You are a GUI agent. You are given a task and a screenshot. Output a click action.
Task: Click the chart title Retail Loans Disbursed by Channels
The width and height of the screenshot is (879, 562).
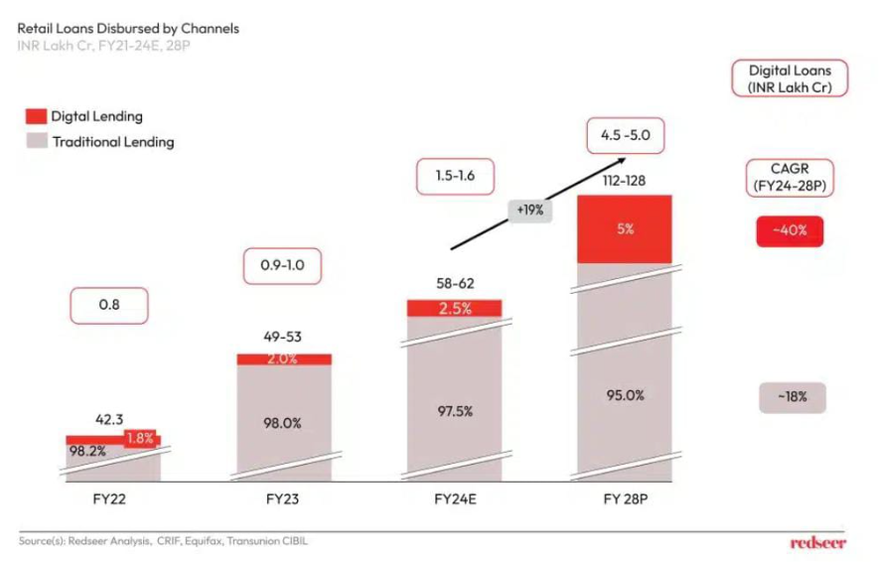[x=128, y=29]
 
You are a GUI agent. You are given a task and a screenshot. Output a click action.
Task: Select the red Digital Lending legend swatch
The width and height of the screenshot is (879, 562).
[x=34, y=116]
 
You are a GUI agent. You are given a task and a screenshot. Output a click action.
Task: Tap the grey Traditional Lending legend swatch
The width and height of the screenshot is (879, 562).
[x=34, y=142]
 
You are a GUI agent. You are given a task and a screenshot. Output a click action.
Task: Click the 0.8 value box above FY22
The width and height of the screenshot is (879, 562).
[x=109, y=306]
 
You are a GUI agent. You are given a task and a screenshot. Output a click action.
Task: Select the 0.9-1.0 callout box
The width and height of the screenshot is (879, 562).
[x=282, y=266]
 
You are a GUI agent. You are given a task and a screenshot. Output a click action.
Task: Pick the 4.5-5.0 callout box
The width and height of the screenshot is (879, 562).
[x=625, y=135]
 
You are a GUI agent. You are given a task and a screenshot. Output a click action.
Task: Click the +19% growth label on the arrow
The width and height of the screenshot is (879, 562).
[x=529, y=211]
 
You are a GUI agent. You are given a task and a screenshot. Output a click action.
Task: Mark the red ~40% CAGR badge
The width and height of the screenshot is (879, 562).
[x=791, y=231]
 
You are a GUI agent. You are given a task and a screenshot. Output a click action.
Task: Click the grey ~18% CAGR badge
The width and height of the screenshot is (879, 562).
[x=791, y=397]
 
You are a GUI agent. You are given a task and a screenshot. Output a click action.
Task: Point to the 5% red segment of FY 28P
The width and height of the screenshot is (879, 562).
[x=624, y=228]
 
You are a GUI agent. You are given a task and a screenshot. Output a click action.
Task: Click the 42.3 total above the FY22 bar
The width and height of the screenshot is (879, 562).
[x=111, y=419]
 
